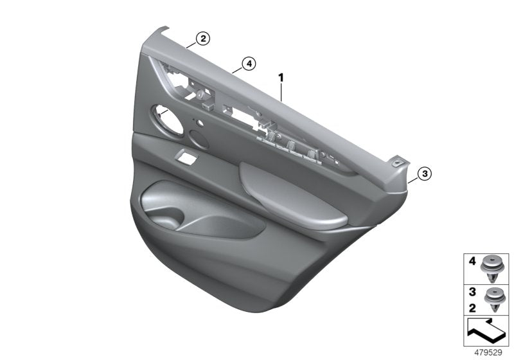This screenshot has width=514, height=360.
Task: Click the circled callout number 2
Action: click(x=202, y=39)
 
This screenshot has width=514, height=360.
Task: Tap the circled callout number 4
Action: click(x=249, y=63)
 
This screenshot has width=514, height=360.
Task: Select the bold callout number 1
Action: click(x=280, y=77)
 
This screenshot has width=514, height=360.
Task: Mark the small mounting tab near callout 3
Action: click(x=403, y=163)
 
